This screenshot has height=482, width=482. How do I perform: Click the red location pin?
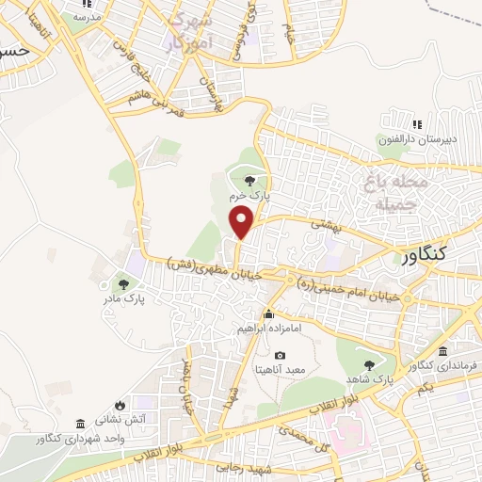pos(243,222)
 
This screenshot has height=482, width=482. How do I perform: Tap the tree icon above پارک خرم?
pos(249,180)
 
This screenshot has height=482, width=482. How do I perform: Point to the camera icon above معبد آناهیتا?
pos(280,355)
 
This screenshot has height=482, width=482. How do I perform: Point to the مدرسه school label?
pos(87,18)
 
